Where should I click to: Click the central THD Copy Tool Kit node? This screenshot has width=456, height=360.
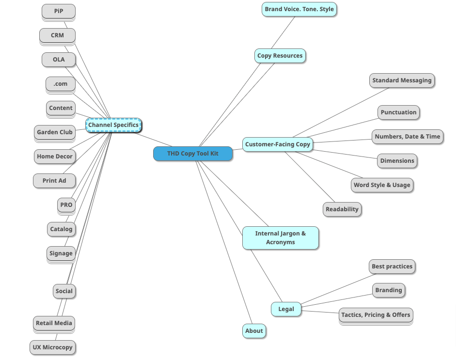tap(193, 154)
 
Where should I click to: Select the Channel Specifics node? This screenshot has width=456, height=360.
tap(113, 125)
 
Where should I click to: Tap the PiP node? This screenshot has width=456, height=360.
tap(58, 11)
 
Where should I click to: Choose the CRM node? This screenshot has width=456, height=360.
tap(57, 35)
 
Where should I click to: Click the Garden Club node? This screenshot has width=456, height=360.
tap(55, 132)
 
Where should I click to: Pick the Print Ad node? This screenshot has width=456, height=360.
tap(54, 181)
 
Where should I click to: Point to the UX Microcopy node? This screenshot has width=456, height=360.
tap(52, 347)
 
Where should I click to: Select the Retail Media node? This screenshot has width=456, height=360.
tap(54, 323)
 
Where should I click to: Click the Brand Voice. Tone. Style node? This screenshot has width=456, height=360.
tap(299, 9)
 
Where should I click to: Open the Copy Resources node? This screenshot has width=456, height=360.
tap(280, 56)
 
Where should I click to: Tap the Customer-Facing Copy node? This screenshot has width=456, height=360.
tap(277, 144)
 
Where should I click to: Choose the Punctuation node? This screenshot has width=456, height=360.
tap(398, 112)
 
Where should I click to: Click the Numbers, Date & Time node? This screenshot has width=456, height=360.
tap(407, 137)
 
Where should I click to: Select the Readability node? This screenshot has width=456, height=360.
tap(342, 209)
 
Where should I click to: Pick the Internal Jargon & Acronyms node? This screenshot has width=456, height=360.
tap(280, 238)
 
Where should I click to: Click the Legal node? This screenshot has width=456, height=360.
tap(286, 309)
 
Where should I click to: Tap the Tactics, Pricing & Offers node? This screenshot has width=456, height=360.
tap(376, 315)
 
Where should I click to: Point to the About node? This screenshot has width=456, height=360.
tap(254, 331)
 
